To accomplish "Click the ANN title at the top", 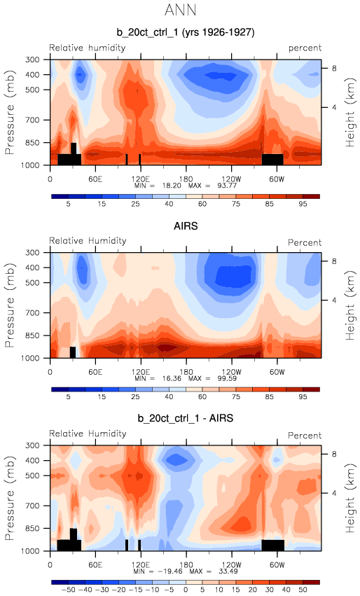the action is point(180,10).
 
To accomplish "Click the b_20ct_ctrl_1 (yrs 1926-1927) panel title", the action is point(186,32).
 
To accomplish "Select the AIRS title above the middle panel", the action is point(186,226).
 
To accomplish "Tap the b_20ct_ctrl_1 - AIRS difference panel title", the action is point(186,418).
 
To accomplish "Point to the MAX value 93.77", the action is point(228,186).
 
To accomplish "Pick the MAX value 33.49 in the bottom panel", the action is point(228,571).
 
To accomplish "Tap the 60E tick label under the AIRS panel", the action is point(95,372).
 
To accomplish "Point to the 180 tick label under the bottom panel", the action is point(186,564).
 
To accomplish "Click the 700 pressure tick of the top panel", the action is point(32,120).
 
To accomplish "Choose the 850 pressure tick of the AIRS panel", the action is point(32,335).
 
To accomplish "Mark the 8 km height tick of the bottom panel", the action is point(334,454).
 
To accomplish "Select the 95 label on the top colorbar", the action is point(303,204).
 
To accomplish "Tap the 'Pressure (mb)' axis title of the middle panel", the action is point(10,305).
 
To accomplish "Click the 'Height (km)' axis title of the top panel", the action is point(349,113).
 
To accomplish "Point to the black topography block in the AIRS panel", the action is point(73,352).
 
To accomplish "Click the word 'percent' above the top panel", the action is point(305,48).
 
